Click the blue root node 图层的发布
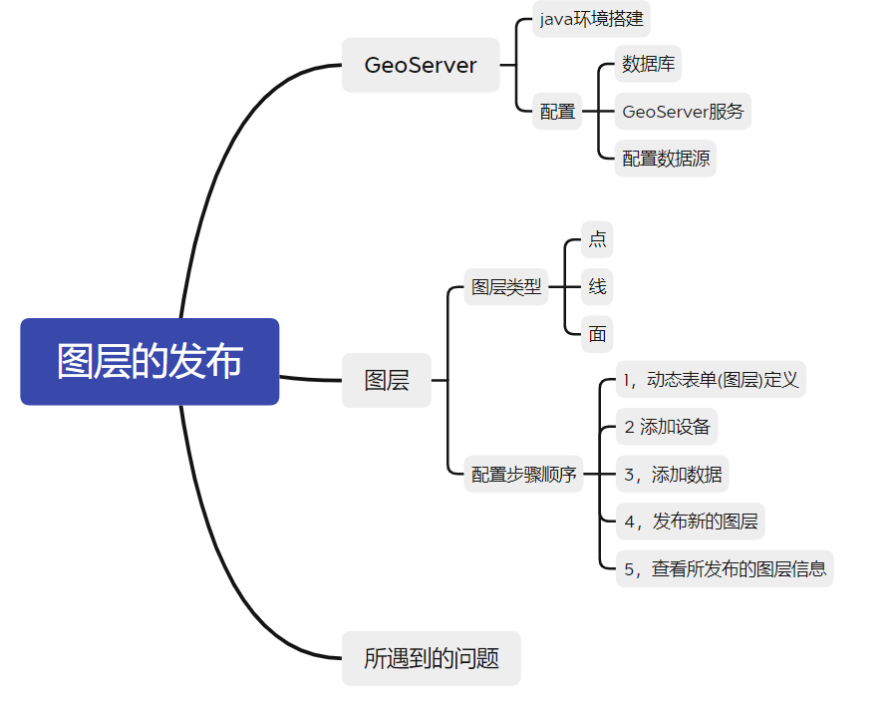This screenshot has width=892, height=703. point(149,361)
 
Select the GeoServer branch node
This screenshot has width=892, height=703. point(420,66)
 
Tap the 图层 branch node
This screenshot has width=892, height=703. point(386,380)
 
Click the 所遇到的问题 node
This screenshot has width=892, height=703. point(431,658)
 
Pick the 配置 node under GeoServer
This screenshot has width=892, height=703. point(557,112)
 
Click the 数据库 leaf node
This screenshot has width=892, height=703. point(648,65)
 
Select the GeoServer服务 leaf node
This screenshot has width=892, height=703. point(683,111)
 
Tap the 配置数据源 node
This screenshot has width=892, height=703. point(666,159)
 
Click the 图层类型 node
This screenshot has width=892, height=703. point(506,288)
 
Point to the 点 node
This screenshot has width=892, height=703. point(597,239)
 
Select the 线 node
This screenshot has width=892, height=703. point(597,287)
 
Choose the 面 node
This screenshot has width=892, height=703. point(597,334)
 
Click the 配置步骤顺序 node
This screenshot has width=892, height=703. point(523,475)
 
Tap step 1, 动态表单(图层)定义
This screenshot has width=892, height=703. point(711,380)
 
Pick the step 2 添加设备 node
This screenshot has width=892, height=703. point(666,427)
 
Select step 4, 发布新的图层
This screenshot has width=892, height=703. point(690,522)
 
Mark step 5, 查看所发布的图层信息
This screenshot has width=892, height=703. point(724,569)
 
